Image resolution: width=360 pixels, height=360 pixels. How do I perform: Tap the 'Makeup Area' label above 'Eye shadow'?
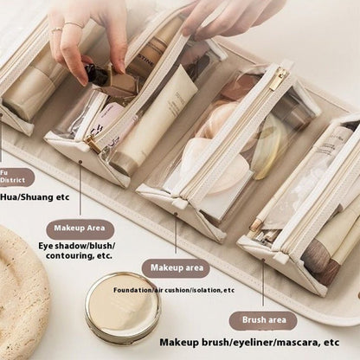[80, 228]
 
